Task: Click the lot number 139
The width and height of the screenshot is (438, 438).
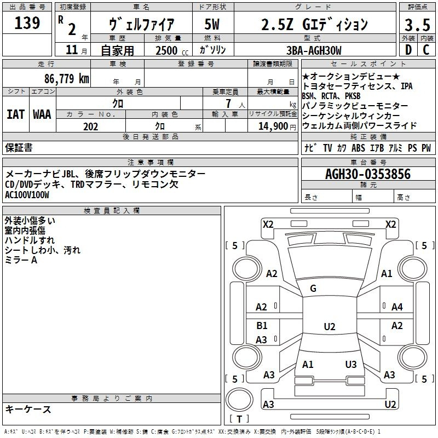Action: [27, 23]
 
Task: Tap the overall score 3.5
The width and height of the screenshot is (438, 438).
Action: [417, 25]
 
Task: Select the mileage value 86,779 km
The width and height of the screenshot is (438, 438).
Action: [66, 78]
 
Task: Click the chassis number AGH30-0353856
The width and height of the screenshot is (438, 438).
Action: [368, 174]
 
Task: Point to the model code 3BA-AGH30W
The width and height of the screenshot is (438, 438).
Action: [314, 50]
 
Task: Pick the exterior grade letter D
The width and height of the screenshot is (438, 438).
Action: [408, 50]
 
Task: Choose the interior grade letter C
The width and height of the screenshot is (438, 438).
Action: [427, 50]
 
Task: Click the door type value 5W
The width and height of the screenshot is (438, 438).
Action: [212, 24]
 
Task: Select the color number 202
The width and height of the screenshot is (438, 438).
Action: [90, 126]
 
